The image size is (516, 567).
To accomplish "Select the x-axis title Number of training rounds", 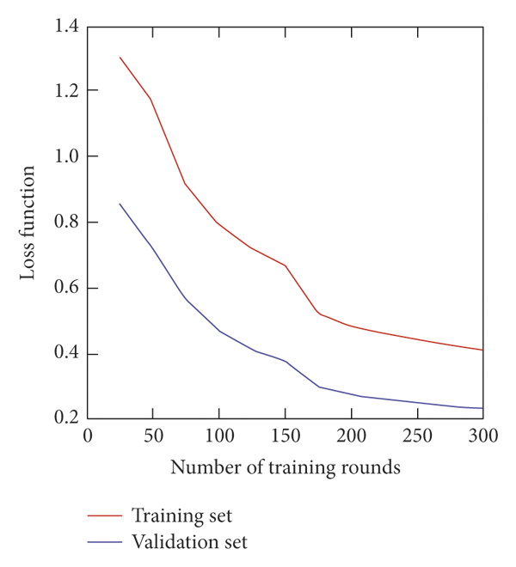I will pyautogui.click(x=285, y=468).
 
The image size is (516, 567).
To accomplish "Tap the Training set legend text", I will pyautogui.click(x=181, y=516).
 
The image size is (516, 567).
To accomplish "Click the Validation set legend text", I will pyautogui.click(x=188, y=542).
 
